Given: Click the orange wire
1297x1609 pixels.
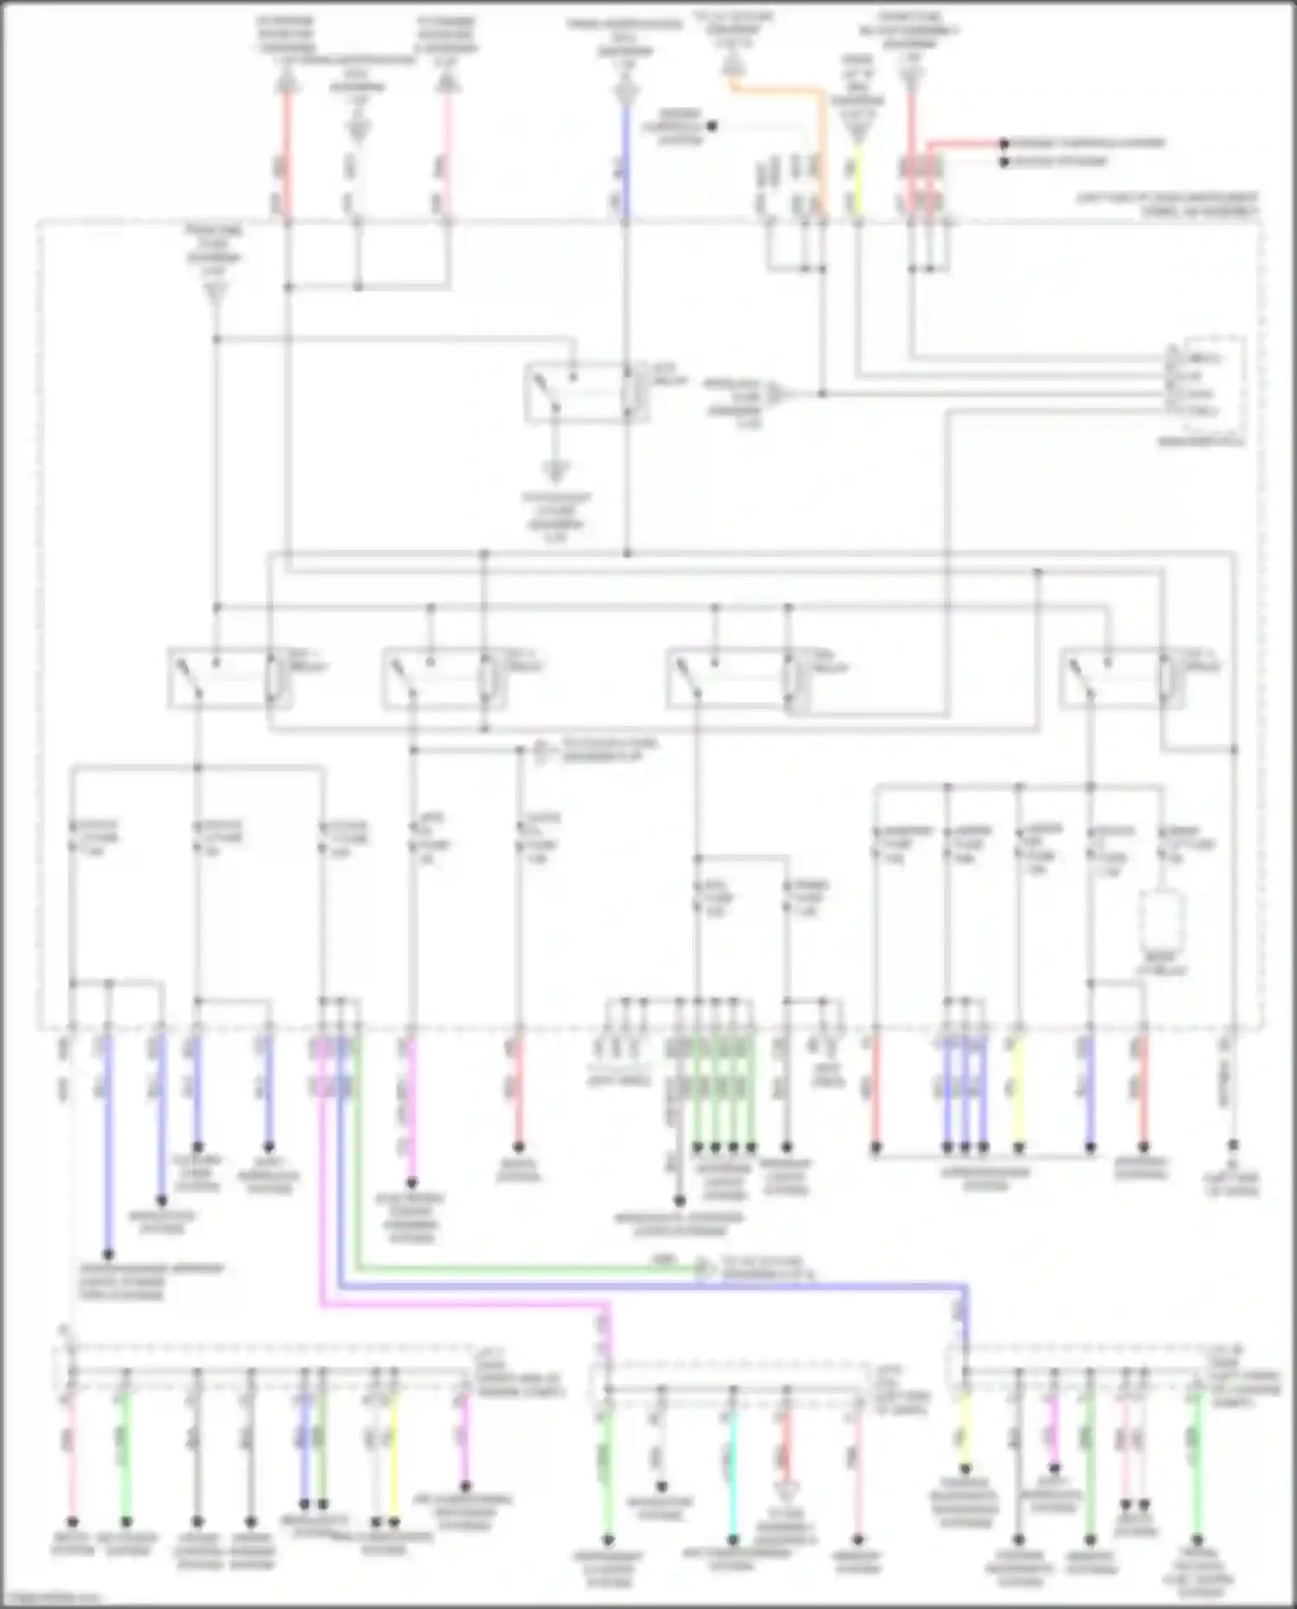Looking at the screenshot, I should pyautogui.click(x=778, y=87).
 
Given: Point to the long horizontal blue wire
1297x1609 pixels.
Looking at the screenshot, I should pyautogui.click(x=648, y=1287).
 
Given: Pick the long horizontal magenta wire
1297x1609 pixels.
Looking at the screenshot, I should pyautogui.click(x=458, y=1306).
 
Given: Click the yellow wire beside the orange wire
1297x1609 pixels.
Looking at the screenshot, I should pyautogui.click(x=858, y=182).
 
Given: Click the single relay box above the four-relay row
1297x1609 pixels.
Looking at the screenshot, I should pyautogui.click(x=586, y=393).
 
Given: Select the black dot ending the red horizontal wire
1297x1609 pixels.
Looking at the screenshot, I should pyautogui.click(x=1003, y=144).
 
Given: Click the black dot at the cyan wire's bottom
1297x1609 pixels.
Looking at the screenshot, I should pyautogui.click(x=732, y=1539).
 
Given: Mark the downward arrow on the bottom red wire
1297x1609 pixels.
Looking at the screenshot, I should pyautogui.click(x=786, y=1490).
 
